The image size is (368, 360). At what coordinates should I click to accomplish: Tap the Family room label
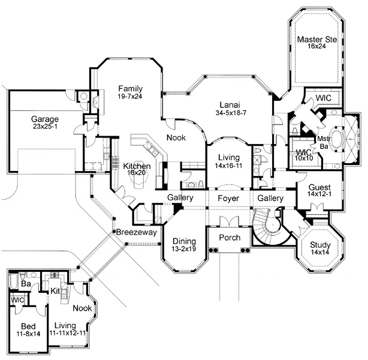tap(130, 88)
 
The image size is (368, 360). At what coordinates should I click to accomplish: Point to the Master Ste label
tap(318, 40)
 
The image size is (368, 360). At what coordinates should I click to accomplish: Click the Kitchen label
tap(137, 166)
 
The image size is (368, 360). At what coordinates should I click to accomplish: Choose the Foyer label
tap(228, 198)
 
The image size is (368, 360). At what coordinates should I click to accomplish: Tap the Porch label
tap(229, 238)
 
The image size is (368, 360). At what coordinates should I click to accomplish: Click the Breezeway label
tap(132, 232)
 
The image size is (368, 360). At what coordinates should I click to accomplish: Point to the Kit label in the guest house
tap(55, 290)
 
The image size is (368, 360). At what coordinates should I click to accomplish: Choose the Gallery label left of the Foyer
tap(180, 198)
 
